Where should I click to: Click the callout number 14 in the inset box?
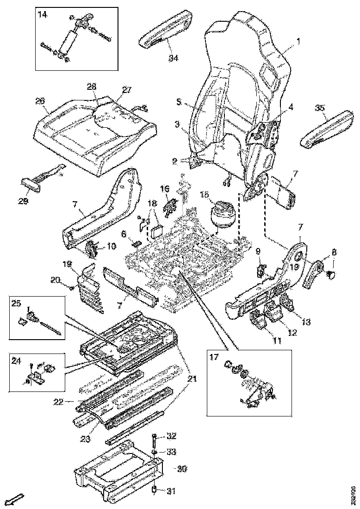(42, 15)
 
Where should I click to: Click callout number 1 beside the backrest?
(298, 41)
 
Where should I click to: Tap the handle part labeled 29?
(31, 182)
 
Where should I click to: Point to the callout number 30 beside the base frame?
(182, 468)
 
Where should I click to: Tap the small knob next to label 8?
(331, 275)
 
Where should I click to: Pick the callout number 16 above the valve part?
(165, 188)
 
